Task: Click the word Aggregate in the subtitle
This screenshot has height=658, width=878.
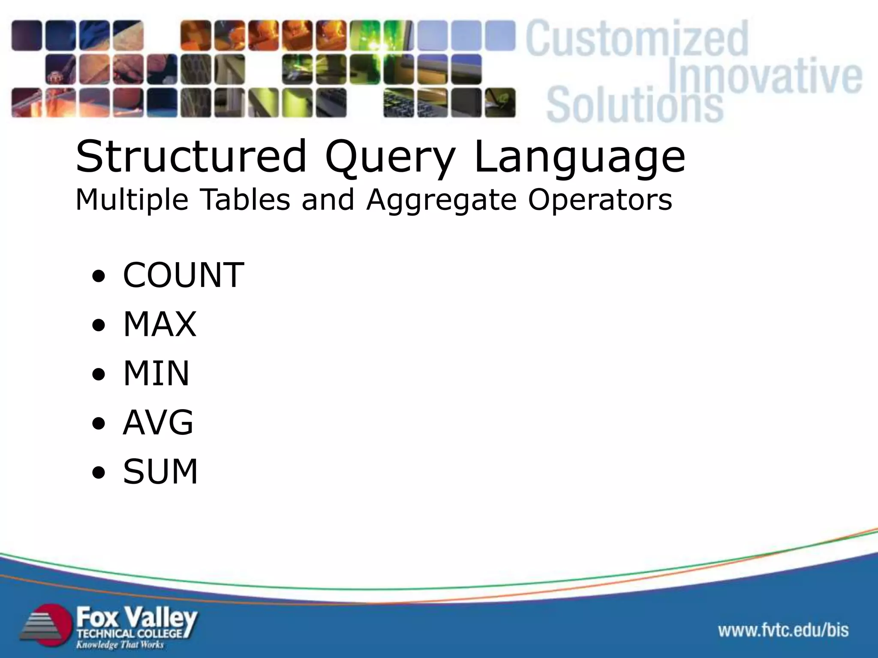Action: tap(441, 200)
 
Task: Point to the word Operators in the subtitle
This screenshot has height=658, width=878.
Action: tap(600, 200)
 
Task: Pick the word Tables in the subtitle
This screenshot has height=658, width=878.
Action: tap(245, 200)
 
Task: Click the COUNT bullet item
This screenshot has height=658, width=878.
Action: tap(183, 275)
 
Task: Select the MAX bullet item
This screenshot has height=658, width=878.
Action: tap(159, 324)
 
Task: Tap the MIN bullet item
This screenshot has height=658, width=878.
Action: tap(156, 374)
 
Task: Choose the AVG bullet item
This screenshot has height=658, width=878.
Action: tap(158, 422)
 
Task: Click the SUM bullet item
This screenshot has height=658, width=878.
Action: tap(160, 472)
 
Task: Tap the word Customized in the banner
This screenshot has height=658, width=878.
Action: tap(637, 39)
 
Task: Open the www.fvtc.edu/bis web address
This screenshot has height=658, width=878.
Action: tap(783, 630)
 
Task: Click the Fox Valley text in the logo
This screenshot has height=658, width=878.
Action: tap(136, 618)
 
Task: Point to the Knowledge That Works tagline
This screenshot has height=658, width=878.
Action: tap(120, 645)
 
